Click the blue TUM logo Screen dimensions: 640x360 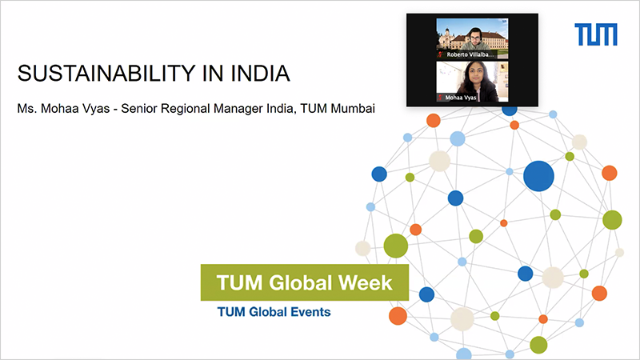(x=595, y=34)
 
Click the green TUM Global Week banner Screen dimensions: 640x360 (x=305, y=282)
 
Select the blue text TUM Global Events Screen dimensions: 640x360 (x=274, y=312)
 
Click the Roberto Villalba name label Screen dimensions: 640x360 (x=470, y=54)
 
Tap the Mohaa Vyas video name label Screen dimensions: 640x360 (x=461, y=98)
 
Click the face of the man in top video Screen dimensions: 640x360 (x=474, y=38)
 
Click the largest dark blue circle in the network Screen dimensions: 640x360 (x=538, y=176)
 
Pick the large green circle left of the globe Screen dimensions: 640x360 (x=395, y=246)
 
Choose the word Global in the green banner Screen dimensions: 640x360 (x=301, y=282)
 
